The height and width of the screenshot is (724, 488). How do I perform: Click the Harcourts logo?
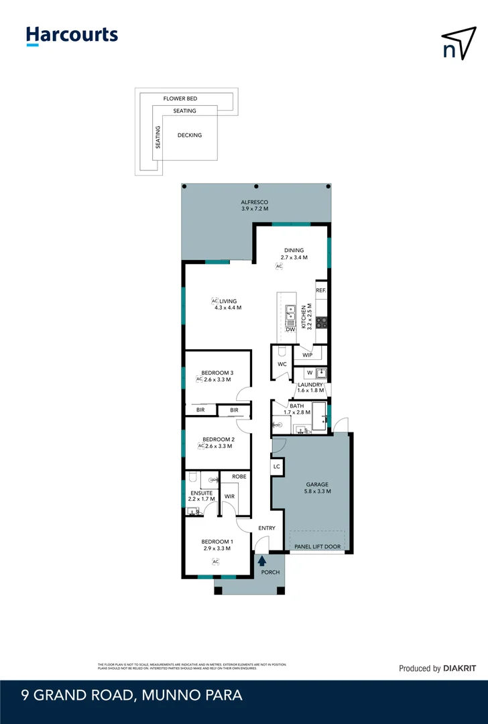coord(72,36)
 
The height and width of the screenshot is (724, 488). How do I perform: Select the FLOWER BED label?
coord(180,99)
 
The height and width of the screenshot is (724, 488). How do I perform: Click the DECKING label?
coord(189,135)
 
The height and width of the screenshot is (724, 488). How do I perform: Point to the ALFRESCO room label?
coord(255,202)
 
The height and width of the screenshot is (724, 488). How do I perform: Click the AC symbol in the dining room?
coord(280,266)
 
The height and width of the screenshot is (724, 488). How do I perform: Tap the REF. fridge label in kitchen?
coord(320,290)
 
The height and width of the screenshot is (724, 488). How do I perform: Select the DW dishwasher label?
coord(290,329)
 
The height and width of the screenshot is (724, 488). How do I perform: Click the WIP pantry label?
coord(308,355)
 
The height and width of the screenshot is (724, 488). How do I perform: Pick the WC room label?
coord(282,365)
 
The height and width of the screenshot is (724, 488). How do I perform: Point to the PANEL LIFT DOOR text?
coord(318,547)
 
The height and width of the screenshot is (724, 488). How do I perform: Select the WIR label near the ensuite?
coord(229,497)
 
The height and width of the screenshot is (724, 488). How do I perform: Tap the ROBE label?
coord(239,476)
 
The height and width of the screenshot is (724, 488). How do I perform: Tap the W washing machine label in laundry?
coord(310,373)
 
